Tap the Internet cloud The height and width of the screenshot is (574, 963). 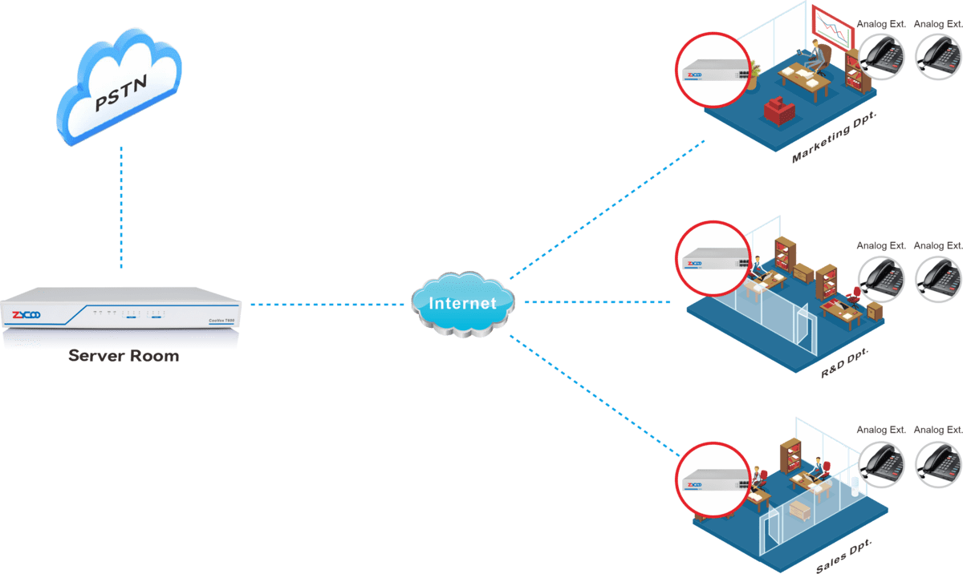pyautogui.click(x=461, y=304)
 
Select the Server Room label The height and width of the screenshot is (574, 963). pyautogui.click(x=124, y=356)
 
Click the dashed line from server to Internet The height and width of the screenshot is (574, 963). pyautogui.click(x=325, y=305)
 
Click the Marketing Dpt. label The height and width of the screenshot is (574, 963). pyautogui.click(x=833, y=138)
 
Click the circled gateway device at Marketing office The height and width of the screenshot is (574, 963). pyautogui.click(x=713, y=70)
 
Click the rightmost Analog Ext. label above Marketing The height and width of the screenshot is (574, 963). pyautogui.click(x=938, y=24)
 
